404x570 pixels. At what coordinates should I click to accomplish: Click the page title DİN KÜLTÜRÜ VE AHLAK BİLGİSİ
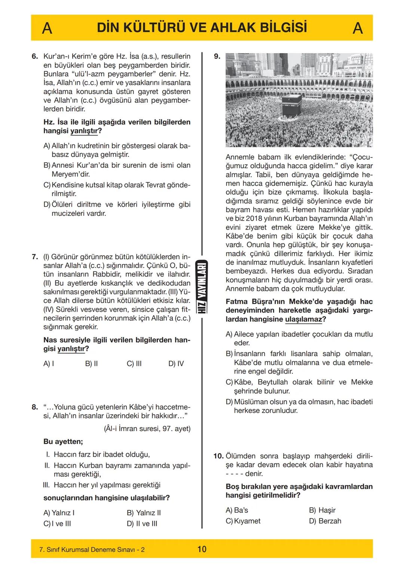point(202,28)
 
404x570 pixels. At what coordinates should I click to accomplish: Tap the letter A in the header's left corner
point(47,28)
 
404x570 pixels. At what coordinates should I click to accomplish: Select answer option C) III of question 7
point(134,364)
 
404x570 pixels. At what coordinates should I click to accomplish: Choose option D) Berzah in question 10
point(325,521)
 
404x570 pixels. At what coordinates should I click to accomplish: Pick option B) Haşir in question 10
point(322,510)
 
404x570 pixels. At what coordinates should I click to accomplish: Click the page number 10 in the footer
point(202,549)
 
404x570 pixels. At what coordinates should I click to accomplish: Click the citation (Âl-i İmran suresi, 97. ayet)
point(147,429)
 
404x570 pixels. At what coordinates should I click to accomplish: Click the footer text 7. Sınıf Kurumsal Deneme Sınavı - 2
point(92,550)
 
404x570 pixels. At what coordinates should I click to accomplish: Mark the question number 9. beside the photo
point(217,57)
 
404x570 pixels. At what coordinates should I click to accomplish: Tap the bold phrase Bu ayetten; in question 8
point(63,442)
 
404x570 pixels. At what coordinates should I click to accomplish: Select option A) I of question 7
point(49,364)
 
